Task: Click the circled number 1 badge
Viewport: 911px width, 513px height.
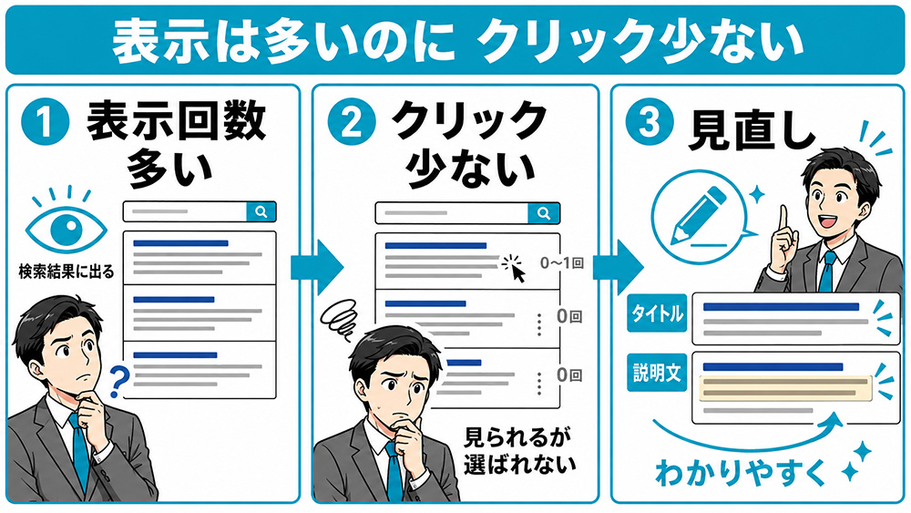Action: pyautogui.click(x=45, y=121)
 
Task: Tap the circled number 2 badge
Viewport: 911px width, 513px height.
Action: pyautogui.click(x=352, y=121)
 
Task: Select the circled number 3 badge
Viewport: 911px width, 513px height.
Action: pyautogui.click(x=650, y=121)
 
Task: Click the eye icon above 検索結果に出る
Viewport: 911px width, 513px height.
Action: pyautogui.click(x=66, y=228)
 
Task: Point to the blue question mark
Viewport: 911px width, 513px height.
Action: pyautogui.click(x=119, y=381)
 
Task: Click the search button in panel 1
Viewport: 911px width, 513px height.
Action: pyautogui.click(x=261, y=212)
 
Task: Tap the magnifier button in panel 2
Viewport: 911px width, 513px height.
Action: pyautogui.click(x=543, y=213)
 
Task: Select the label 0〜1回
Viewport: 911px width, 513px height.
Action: pyautogui.click(x=562, y=263)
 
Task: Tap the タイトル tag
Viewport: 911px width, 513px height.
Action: pyautogui.click(x=657, y=313)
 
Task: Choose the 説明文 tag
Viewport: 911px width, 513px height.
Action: pyautogui.click(x=657, y=373)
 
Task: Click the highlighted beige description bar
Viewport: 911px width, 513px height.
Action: pyautogui.click(x=785, y=388)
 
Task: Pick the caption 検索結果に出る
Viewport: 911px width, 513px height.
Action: pyautogui.click(x=67, y=272)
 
